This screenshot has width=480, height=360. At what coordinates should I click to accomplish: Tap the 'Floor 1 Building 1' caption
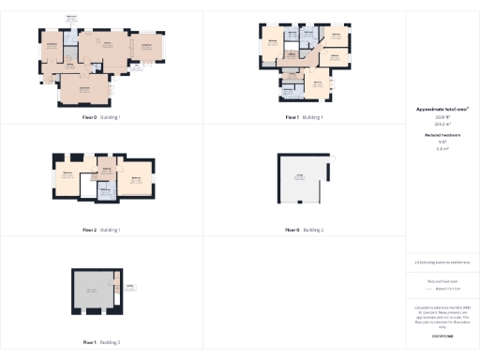(304, 117)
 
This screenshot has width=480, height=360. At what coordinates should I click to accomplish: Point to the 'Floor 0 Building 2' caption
(304, 229)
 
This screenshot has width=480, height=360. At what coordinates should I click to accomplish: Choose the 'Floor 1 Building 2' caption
(101, 342)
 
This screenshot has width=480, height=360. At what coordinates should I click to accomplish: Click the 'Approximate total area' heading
(442, 109)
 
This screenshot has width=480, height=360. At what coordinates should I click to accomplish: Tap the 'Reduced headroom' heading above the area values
(442, 135)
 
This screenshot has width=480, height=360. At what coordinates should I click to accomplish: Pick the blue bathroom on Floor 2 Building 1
(105, 187)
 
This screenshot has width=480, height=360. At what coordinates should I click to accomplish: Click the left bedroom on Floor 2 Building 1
(68, 176)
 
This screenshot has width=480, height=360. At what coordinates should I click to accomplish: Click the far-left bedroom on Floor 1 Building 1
(273, 43)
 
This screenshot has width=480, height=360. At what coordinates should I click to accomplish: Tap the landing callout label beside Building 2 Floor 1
(130, 287)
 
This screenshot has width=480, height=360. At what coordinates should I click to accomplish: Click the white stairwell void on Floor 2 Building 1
(87, 189)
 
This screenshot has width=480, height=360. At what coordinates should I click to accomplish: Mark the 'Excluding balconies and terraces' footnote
(442, 262)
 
